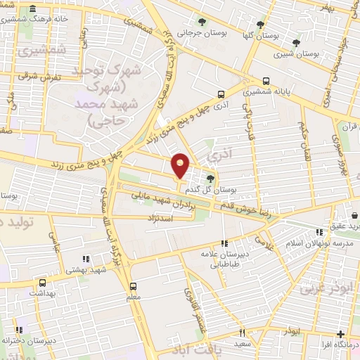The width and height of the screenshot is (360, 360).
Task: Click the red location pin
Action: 181,165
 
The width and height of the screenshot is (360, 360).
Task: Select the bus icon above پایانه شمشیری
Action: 266,81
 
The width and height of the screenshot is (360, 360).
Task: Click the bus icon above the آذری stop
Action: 221,94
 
